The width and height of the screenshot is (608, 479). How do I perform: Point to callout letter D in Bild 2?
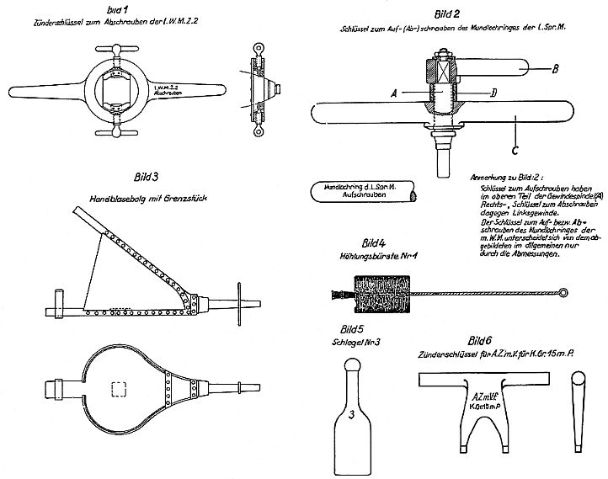(x=493, y=91)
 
